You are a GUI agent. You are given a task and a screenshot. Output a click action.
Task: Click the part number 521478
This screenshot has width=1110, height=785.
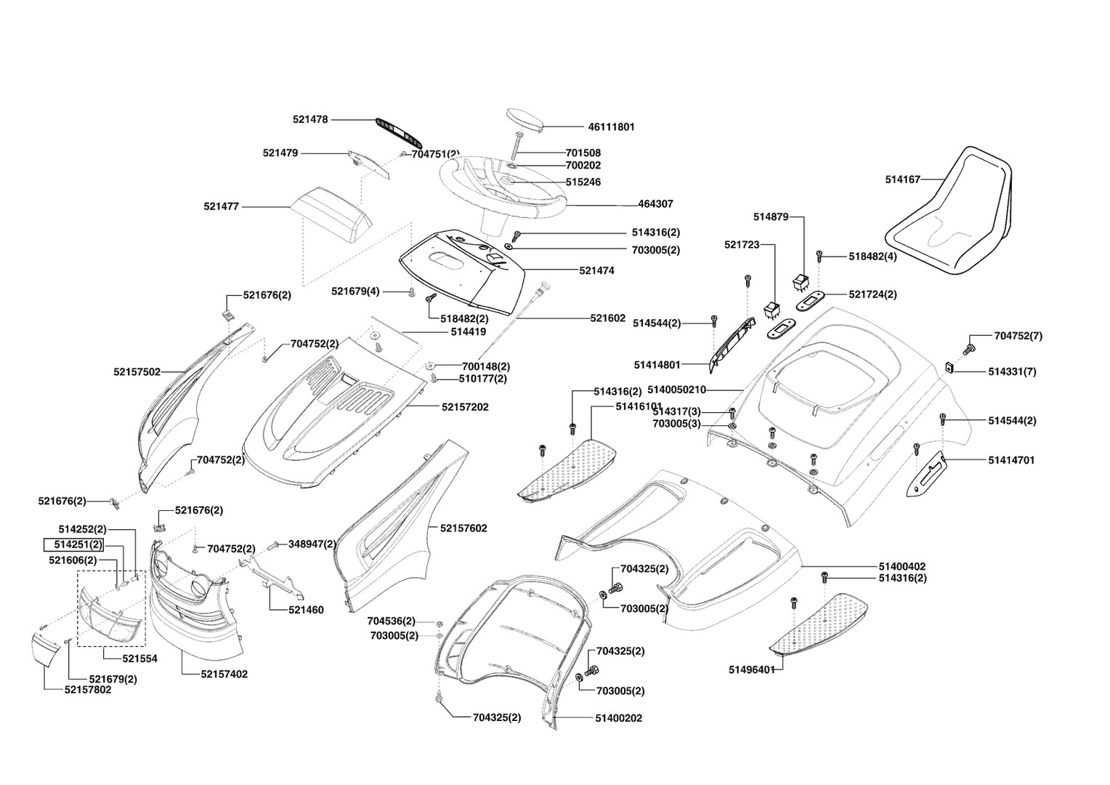311,118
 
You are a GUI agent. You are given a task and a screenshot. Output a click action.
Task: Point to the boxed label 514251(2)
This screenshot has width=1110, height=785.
74,544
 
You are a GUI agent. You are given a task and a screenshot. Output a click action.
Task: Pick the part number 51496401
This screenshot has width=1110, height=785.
753,669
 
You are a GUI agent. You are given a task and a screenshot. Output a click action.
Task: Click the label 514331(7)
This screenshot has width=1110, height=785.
1012,371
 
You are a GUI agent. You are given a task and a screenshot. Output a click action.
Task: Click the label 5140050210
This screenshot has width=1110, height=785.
676,390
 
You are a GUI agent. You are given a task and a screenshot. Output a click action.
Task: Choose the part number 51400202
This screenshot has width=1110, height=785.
618,718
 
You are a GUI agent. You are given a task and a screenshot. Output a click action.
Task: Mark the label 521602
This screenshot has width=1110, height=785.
607,318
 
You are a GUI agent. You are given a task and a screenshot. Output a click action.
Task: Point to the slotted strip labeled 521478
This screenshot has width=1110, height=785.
400,133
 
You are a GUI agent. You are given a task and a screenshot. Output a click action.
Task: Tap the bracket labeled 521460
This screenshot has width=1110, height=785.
274,573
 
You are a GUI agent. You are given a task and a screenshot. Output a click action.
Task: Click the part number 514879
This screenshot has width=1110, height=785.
771,217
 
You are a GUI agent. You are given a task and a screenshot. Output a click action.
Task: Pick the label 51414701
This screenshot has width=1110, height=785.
1011,460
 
